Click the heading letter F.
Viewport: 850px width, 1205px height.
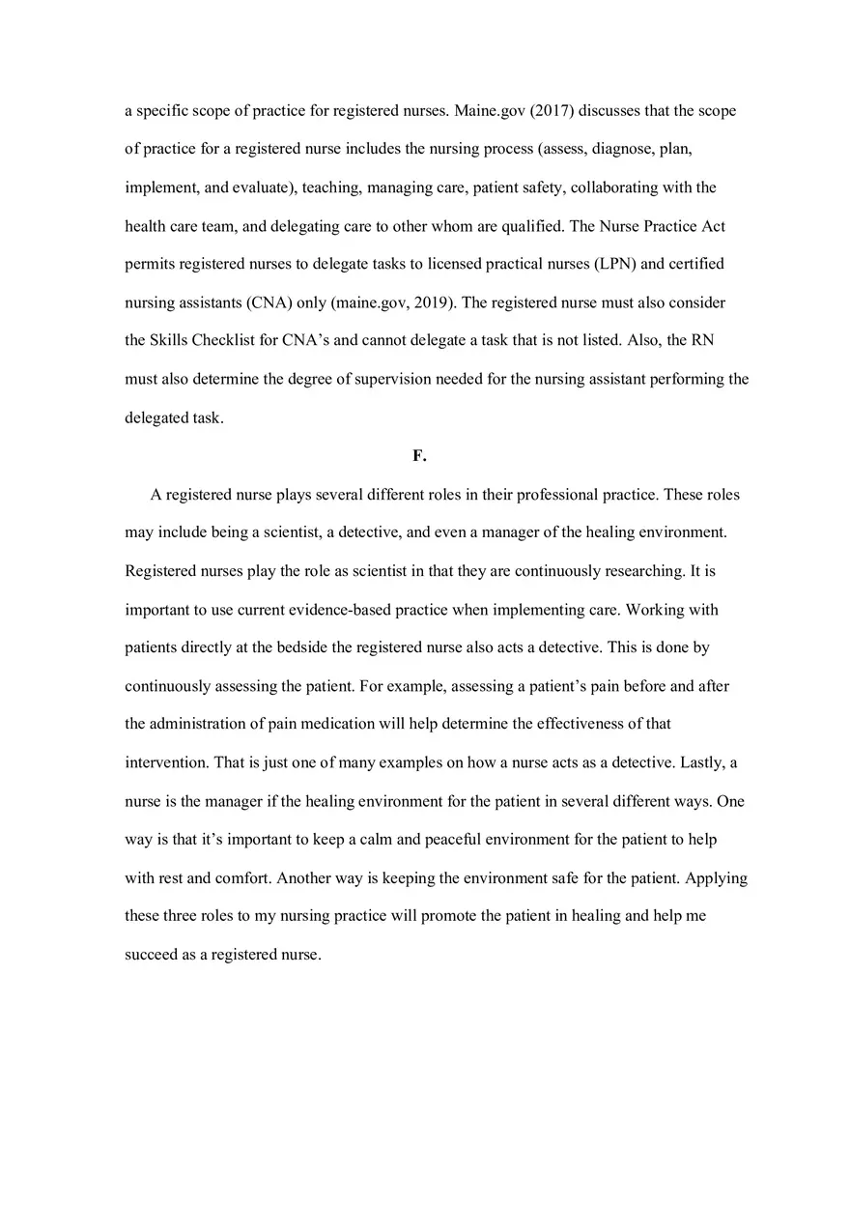click(x=418, y=456)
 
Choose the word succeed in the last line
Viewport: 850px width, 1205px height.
click(x=151, y=955)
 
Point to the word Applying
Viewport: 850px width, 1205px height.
click(x=717, y=878)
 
